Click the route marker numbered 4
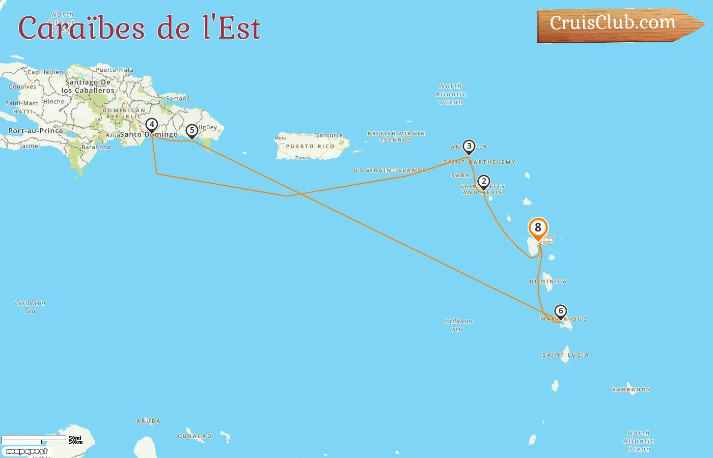pos(151,125)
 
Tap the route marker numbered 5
pos(192,131)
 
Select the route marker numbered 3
pos(469,147)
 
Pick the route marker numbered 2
pos(484,182)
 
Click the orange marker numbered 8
pos(538,228)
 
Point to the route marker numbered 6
pos(561,311)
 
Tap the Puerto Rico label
pos(310,147)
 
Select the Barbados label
pos(632,390)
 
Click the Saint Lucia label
pos(566,355)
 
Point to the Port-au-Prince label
pos(36,131)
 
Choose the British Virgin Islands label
pos(396,136)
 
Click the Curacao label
pos(195,436)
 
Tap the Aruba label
pos(148,421)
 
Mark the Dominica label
pos(548,281)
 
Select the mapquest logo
pos(26,451)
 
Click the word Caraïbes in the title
pos(81,28)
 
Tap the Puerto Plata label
pos(115,70)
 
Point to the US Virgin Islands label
pos(390,170)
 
